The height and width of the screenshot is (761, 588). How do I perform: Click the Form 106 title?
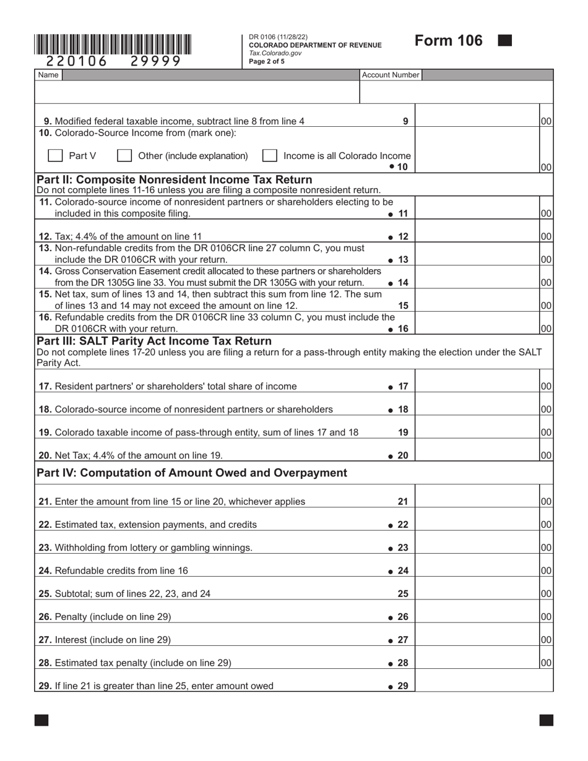coord(448,41)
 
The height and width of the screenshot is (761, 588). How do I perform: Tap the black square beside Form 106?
coord(505,41)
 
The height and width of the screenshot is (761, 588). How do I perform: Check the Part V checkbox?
coord(55,156)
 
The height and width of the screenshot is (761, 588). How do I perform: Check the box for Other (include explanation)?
coord(124,156)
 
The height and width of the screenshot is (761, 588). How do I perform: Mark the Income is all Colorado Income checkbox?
coord(269,156)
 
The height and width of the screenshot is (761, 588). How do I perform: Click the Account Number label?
coord(391,75)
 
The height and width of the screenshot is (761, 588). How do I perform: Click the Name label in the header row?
coord(48,75)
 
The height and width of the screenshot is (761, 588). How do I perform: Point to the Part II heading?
coord(175,179)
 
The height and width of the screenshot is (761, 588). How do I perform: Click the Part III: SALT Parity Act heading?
coord(154,341)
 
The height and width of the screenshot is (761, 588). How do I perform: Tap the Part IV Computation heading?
coord(192,473)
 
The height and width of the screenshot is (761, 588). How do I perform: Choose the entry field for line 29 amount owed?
coord(483,686)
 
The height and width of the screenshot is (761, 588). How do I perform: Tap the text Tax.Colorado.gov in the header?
coord(275,53)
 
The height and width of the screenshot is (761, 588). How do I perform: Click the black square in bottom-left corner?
coord(41,720)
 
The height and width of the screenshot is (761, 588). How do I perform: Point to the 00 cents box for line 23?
coord(546,548)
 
